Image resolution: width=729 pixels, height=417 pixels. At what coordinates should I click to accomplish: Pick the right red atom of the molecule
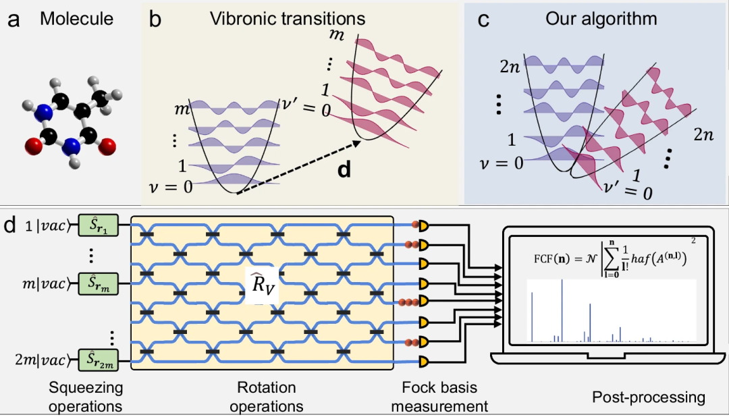click(109, 144)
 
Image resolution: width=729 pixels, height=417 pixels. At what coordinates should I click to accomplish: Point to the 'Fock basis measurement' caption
click(439, 397)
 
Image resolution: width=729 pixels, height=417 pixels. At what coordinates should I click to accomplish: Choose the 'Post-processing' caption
click(648, 397)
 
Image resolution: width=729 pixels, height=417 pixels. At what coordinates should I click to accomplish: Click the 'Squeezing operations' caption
click(86, 397)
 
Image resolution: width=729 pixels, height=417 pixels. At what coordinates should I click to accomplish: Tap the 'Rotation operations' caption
click(267, 397)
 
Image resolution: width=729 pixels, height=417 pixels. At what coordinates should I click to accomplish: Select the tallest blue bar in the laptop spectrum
click(562, 310)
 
